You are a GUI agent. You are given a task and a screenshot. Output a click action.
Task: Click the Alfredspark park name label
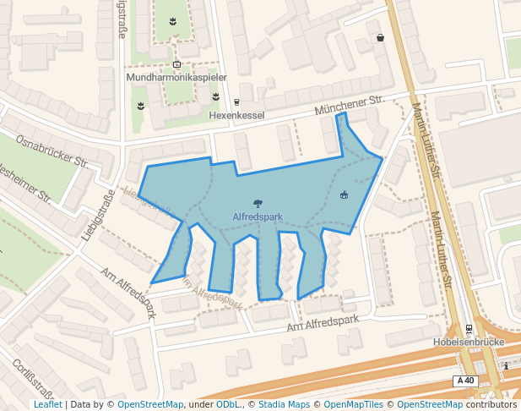257,216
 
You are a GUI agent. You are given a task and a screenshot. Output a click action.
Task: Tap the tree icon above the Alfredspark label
257,203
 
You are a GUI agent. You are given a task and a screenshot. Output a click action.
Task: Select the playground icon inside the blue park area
344,196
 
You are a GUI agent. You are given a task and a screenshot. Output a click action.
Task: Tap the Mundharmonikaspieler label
176,78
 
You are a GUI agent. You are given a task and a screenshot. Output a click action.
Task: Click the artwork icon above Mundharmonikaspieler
176,64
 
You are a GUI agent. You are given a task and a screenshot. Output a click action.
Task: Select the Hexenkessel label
236,114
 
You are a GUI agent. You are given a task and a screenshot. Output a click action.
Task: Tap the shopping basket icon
380,38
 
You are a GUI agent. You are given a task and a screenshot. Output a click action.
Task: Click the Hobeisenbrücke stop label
468,342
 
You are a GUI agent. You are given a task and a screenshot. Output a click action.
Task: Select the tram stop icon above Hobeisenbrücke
469,329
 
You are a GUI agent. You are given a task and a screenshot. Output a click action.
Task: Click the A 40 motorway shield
465,381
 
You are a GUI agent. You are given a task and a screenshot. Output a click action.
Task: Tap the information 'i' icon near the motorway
506,366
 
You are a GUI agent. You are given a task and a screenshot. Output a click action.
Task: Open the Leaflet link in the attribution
47,405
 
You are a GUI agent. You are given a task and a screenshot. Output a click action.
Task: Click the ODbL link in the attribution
228,405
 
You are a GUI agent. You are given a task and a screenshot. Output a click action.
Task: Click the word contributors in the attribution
491,405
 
